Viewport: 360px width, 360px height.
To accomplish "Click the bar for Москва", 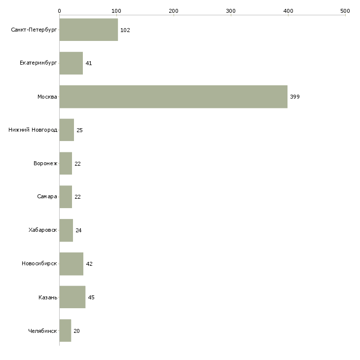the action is [x=173, y=97].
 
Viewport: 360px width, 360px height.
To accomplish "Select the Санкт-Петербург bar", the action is [x=89, y=30].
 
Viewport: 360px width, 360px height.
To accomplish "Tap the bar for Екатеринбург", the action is [x=71, y=63].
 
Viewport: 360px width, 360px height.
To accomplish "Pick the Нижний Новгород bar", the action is [x=67, y=130].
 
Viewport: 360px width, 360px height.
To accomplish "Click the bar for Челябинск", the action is [x=65, y=330].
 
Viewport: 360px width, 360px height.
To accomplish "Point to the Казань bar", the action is [x=72, y=297].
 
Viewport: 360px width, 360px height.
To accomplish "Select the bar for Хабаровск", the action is [x=66, y=230].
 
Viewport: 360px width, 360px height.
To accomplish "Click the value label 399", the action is [x=295, y=97].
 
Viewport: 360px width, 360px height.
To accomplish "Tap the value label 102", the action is [x=125, y=30].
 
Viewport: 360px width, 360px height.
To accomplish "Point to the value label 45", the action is [x=91, y=297].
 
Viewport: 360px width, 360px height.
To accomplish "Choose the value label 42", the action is [x=89, y=264].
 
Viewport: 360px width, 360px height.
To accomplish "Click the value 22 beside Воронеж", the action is [x=77, y=164].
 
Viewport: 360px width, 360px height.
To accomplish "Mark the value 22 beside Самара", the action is [x=77, y=197].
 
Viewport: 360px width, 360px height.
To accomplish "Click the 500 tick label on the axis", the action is [x=345, y=11].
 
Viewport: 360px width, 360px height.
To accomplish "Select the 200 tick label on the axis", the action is [x=174, y=11].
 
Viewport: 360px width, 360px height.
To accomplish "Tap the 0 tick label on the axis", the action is [x=60, y=11].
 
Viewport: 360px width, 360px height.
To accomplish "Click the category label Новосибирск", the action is [x=39, y=263].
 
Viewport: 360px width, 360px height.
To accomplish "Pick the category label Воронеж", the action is [x=45, y=163].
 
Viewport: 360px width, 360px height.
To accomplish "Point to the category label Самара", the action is [x=47, y=197].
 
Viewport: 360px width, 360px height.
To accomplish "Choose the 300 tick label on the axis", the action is [x=231, y=11].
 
